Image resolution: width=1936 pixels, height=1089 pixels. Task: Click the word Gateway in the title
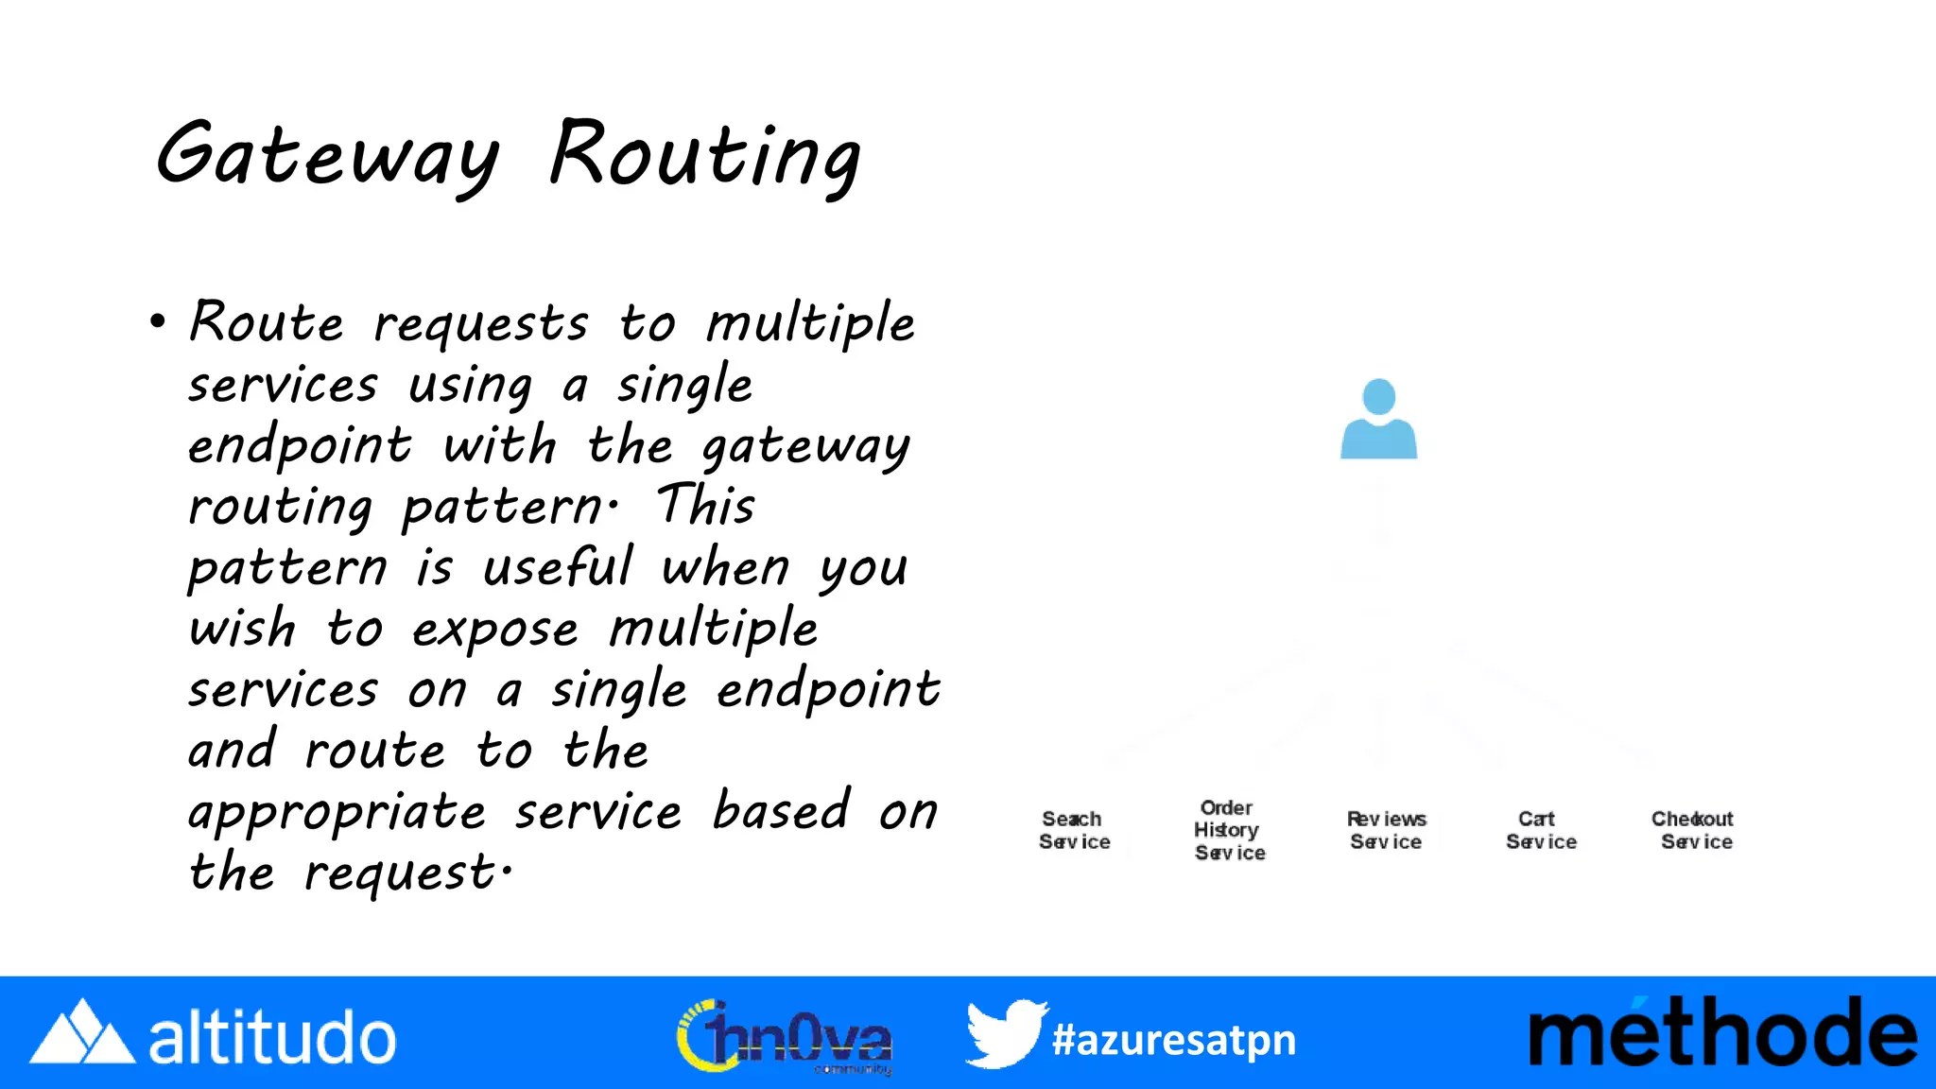[x=327, y=156]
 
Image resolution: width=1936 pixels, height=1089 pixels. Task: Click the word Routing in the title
[x=705, y=156]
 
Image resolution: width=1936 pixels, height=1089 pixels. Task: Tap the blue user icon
[x=1378, y=420]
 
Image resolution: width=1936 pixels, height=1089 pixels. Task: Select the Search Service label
[x=1074, y=830]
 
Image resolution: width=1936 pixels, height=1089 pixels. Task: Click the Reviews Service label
[x=1386, y=830]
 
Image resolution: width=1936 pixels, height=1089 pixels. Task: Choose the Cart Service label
[x=1541, y=830]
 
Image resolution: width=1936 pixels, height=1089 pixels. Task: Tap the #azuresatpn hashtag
[x=1173, y=1040]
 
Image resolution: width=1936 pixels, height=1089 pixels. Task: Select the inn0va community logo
[x=785, y=1037]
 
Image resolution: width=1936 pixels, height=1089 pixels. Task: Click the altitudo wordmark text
[x=272, y=1038]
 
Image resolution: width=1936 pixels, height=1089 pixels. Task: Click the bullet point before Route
[x=158, y=321]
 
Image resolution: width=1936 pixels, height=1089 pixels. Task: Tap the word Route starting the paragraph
[x=267, y=323]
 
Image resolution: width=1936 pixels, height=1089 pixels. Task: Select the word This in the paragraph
[x=706, y=505]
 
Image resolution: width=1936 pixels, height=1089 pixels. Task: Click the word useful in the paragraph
[x=558, y=567]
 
